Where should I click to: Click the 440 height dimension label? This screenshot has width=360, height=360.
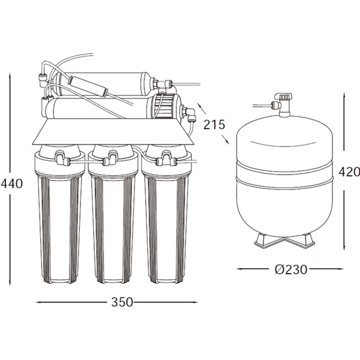point(11,184)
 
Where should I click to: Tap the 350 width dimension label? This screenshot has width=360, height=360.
point(122,302)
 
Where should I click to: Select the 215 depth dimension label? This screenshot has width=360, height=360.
point(214,125)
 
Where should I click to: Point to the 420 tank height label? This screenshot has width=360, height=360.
point(349,172)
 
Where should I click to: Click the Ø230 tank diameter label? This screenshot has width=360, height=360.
point(290,269)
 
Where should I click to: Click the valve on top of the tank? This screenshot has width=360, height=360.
point(284,104)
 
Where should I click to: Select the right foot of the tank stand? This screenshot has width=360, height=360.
point(302,241)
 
